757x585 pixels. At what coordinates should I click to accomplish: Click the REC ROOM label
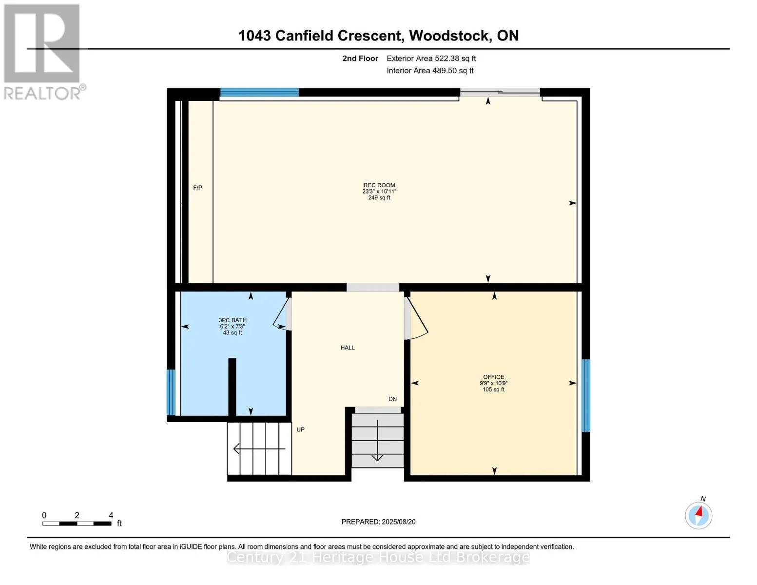tap(379, 185)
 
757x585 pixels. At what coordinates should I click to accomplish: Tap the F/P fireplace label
tap(197, 188)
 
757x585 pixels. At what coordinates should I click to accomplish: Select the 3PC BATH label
tap(233, 320)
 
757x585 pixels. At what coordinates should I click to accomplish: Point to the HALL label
tap(348, 348)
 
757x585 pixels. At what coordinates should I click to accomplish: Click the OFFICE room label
tap(493, 377)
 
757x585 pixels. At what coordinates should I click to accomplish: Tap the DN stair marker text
tap(392, 399)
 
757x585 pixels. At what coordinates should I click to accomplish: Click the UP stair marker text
tap(300, 429)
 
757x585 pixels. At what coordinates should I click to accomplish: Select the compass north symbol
tap(699, 515)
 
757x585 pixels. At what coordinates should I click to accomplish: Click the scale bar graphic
tap(77, 524)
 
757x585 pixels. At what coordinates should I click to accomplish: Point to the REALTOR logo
tap(42, 51)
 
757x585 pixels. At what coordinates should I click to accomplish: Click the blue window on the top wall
tap(259, 93)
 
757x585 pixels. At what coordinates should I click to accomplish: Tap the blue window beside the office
tap(586, 395)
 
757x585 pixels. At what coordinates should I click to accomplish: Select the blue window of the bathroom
tap(171, 392)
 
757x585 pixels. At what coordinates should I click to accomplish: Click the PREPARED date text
tap(378, 522)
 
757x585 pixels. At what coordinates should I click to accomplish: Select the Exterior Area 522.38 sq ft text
tap(431, 58)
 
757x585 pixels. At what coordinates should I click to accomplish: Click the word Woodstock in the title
tap(450, 36)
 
